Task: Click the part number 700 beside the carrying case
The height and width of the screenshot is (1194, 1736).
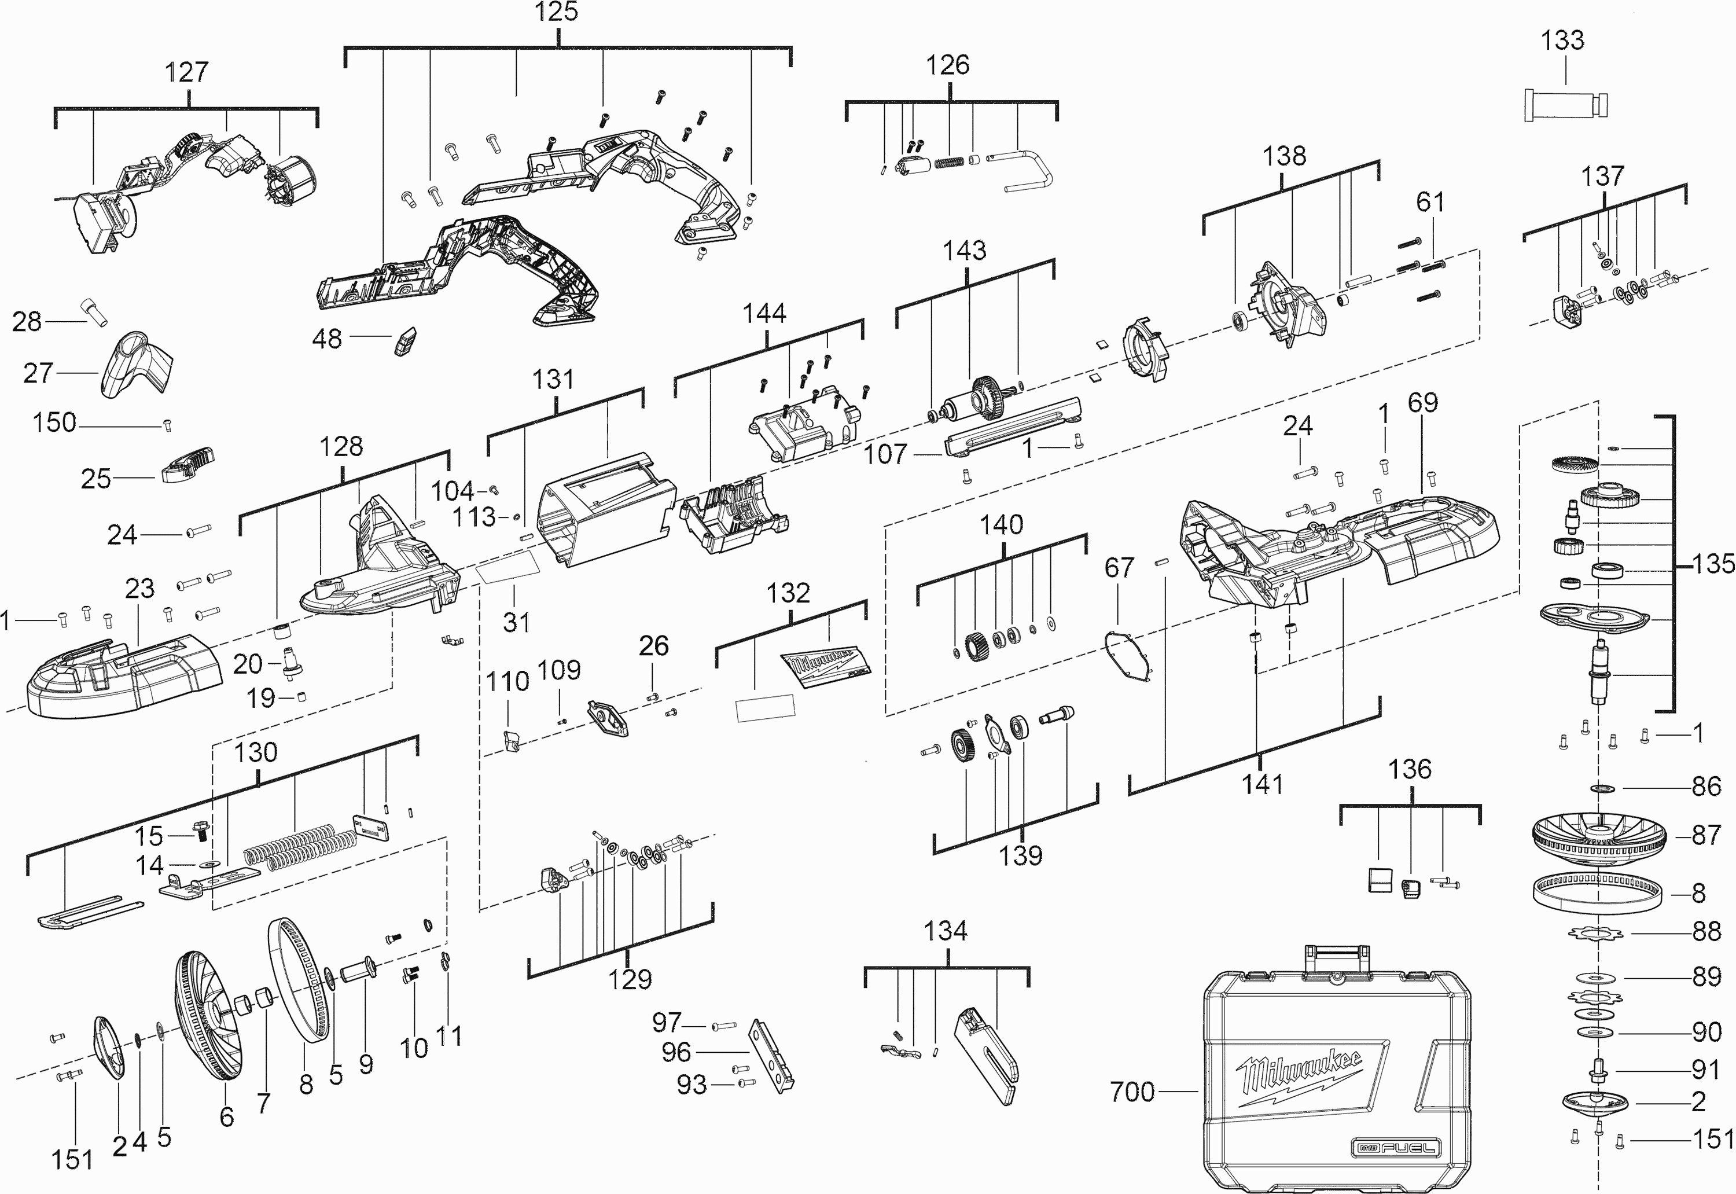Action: point(1132,1092)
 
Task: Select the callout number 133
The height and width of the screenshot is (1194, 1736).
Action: point(1562,40)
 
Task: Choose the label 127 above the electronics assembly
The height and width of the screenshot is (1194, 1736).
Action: point(186,72)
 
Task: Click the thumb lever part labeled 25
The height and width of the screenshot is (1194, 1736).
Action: point(187,464)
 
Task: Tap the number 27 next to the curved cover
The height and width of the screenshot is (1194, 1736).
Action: point(38,373)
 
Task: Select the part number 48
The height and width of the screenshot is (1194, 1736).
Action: point(327,339)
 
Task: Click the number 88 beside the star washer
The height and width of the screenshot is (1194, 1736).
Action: point(1706,931)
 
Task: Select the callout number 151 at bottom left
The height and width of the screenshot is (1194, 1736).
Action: point(72,1160)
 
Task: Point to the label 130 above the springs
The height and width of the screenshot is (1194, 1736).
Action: point(256,752)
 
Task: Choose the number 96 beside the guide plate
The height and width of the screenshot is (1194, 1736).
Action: point(676,1052)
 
